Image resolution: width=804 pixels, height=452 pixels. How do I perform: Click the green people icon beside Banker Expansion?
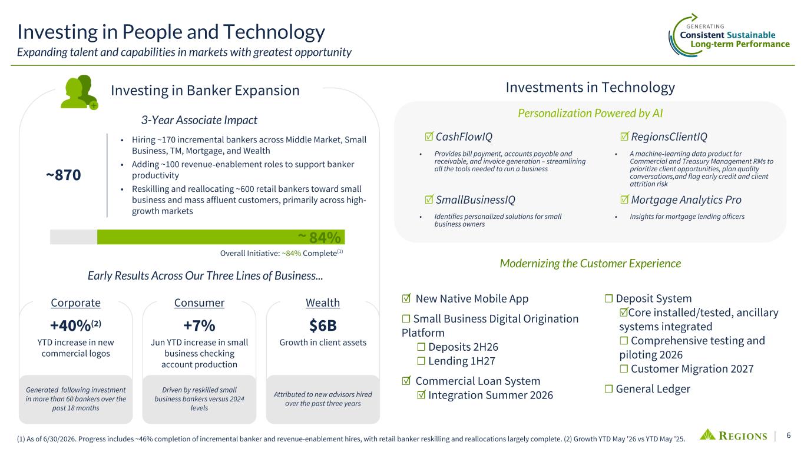(79, 92)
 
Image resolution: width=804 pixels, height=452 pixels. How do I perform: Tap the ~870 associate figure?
(64, 175)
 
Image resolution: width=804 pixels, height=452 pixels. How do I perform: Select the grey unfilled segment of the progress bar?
(74, 237)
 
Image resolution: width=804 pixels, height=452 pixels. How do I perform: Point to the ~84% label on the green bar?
(319, 237)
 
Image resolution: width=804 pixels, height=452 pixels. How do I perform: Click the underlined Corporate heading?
(76, 303)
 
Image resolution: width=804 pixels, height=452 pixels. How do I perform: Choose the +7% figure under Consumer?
(199, 325)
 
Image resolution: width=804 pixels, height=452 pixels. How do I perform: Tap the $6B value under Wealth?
(323, 325)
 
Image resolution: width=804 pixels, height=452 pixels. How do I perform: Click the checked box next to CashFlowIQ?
(429, 137)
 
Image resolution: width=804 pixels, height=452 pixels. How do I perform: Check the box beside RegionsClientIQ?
(624, 137)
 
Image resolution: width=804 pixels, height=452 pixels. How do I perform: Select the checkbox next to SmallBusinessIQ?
(429, 200)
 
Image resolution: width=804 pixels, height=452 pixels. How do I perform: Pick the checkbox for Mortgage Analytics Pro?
(624, 200)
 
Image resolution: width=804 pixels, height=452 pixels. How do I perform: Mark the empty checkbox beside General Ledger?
(608, 389)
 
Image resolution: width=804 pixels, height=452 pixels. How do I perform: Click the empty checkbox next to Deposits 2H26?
(421, 347)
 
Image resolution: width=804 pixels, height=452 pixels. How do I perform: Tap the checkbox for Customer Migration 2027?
(624, 369)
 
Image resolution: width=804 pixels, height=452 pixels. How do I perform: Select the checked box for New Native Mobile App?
(406, 298)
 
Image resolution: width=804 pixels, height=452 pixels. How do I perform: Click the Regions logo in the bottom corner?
(733, 436)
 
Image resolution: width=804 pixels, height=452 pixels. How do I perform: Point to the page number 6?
(789, 436)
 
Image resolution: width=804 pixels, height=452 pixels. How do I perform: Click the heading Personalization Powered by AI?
(590, 114)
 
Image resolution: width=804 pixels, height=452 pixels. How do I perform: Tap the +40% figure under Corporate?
(75, 325)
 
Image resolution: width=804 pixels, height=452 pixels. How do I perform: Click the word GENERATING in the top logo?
(705, 26)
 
